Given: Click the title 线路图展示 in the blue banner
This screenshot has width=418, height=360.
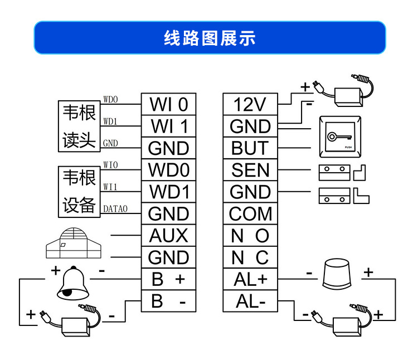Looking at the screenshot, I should point(210,38).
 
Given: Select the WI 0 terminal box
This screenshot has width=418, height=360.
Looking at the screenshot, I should point(168,104).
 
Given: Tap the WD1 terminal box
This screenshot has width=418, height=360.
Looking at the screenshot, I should point(168,192).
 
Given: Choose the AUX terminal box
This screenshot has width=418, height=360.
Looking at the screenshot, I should point(168,236).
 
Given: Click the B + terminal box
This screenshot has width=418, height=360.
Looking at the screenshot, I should point(168,279).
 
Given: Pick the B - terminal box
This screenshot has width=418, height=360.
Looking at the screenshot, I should point(168,301).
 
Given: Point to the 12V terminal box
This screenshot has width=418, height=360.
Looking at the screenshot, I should point(250,104).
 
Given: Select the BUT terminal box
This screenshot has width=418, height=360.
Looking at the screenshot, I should point(250,148).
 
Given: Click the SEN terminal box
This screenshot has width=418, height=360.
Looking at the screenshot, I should point(250,170).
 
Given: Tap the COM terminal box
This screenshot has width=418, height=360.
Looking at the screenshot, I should point(250,213).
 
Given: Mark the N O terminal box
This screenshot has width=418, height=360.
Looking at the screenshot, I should point(250,236).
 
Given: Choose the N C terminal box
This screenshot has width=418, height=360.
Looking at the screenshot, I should point(250,257).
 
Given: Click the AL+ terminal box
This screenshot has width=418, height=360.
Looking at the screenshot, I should point(250,279).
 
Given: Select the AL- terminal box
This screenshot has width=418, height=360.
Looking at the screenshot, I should point(250,301).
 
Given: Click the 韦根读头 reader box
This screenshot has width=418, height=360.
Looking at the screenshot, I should point(79,127).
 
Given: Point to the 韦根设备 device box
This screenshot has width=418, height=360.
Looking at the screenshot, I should point(79,192).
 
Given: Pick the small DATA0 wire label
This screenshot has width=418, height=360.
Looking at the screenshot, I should point(115,209).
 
